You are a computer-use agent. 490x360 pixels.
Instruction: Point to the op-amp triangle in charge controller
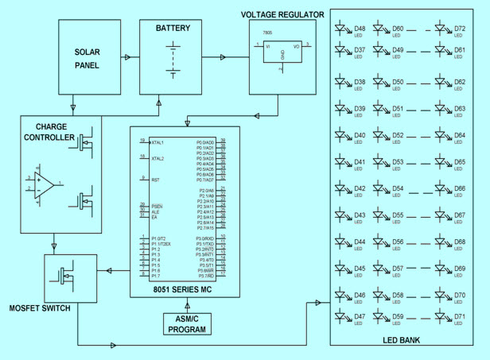44,187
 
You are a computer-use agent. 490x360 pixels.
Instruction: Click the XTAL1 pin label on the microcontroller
162,141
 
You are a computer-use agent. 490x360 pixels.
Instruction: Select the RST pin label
156,180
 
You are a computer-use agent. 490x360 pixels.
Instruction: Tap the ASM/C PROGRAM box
185,323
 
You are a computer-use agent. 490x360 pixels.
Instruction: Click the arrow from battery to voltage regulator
222,57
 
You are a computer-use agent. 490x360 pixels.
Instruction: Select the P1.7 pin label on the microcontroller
157,276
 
